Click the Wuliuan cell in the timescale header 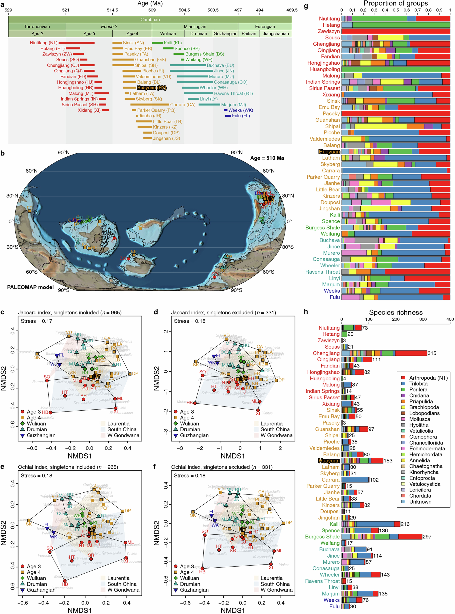coord(168,34)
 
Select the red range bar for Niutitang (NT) coord(77,43)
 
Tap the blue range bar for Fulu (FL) coord(228,116)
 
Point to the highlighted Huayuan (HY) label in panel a coord(151,88)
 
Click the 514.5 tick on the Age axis coord(112,10)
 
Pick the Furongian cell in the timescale coord(265,26)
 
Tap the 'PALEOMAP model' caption coord(30,287)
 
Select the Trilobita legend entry coord(418,384)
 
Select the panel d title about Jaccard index coord(223,312)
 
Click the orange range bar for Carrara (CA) coord(150,105)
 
